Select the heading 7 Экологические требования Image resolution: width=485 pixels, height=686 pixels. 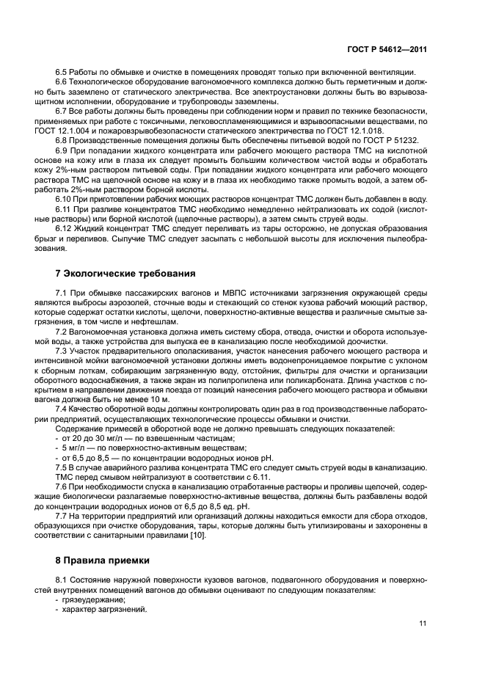(125, 274)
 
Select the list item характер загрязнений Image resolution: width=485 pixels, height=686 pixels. (104, 610)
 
